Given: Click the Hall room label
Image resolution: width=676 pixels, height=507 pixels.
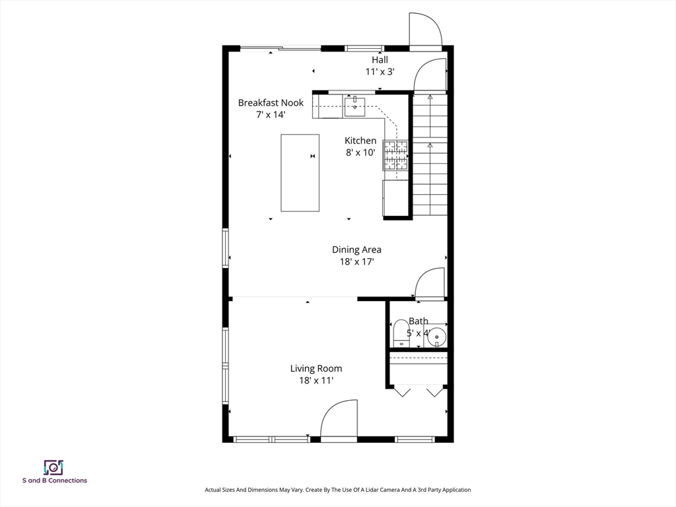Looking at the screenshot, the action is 380,60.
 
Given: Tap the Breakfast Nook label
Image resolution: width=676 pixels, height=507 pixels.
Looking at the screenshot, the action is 271,102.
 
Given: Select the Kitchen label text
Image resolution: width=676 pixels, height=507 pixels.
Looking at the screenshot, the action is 360,141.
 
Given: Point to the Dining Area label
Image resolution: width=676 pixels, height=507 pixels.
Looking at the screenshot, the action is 356,250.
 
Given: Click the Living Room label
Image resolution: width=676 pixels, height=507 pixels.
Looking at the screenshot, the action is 316,368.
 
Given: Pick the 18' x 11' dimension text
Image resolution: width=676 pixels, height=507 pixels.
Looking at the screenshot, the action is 316,380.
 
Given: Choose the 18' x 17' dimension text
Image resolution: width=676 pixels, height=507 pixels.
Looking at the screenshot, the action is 356,261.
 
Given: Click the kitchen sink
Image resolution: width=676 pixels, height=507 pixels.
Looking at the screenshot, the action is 355,108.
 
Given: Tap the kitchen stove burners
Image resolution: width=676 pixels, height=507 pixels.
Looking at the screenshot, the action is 395,155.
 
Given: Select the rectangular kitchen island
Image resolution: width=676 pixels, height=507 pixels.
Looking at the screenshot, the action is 300,173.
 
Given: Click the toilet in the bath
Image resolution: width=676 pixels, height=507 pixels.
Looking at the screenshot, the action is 401,333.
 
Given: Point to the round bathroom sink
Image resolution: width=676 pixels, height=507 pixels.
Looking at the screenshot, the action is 437,336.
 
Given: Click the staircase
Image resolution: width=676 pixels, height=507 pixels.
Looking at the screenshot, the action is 430,155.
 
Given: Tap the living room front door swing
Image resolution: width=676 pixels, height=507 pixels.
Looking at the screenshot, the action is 339,418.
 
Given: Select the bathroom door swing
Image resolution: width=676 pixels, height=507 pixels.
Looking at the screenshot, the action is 429,283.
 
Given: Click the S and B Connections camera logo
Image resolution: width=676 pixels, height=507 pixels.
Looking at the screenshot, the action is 53,468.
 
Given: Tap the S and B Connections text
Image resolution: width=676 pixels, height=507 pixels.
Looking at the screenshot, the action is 55,481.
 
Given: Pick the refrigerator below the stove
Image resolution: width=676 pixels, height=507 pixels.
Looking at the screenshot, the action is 395,198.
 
